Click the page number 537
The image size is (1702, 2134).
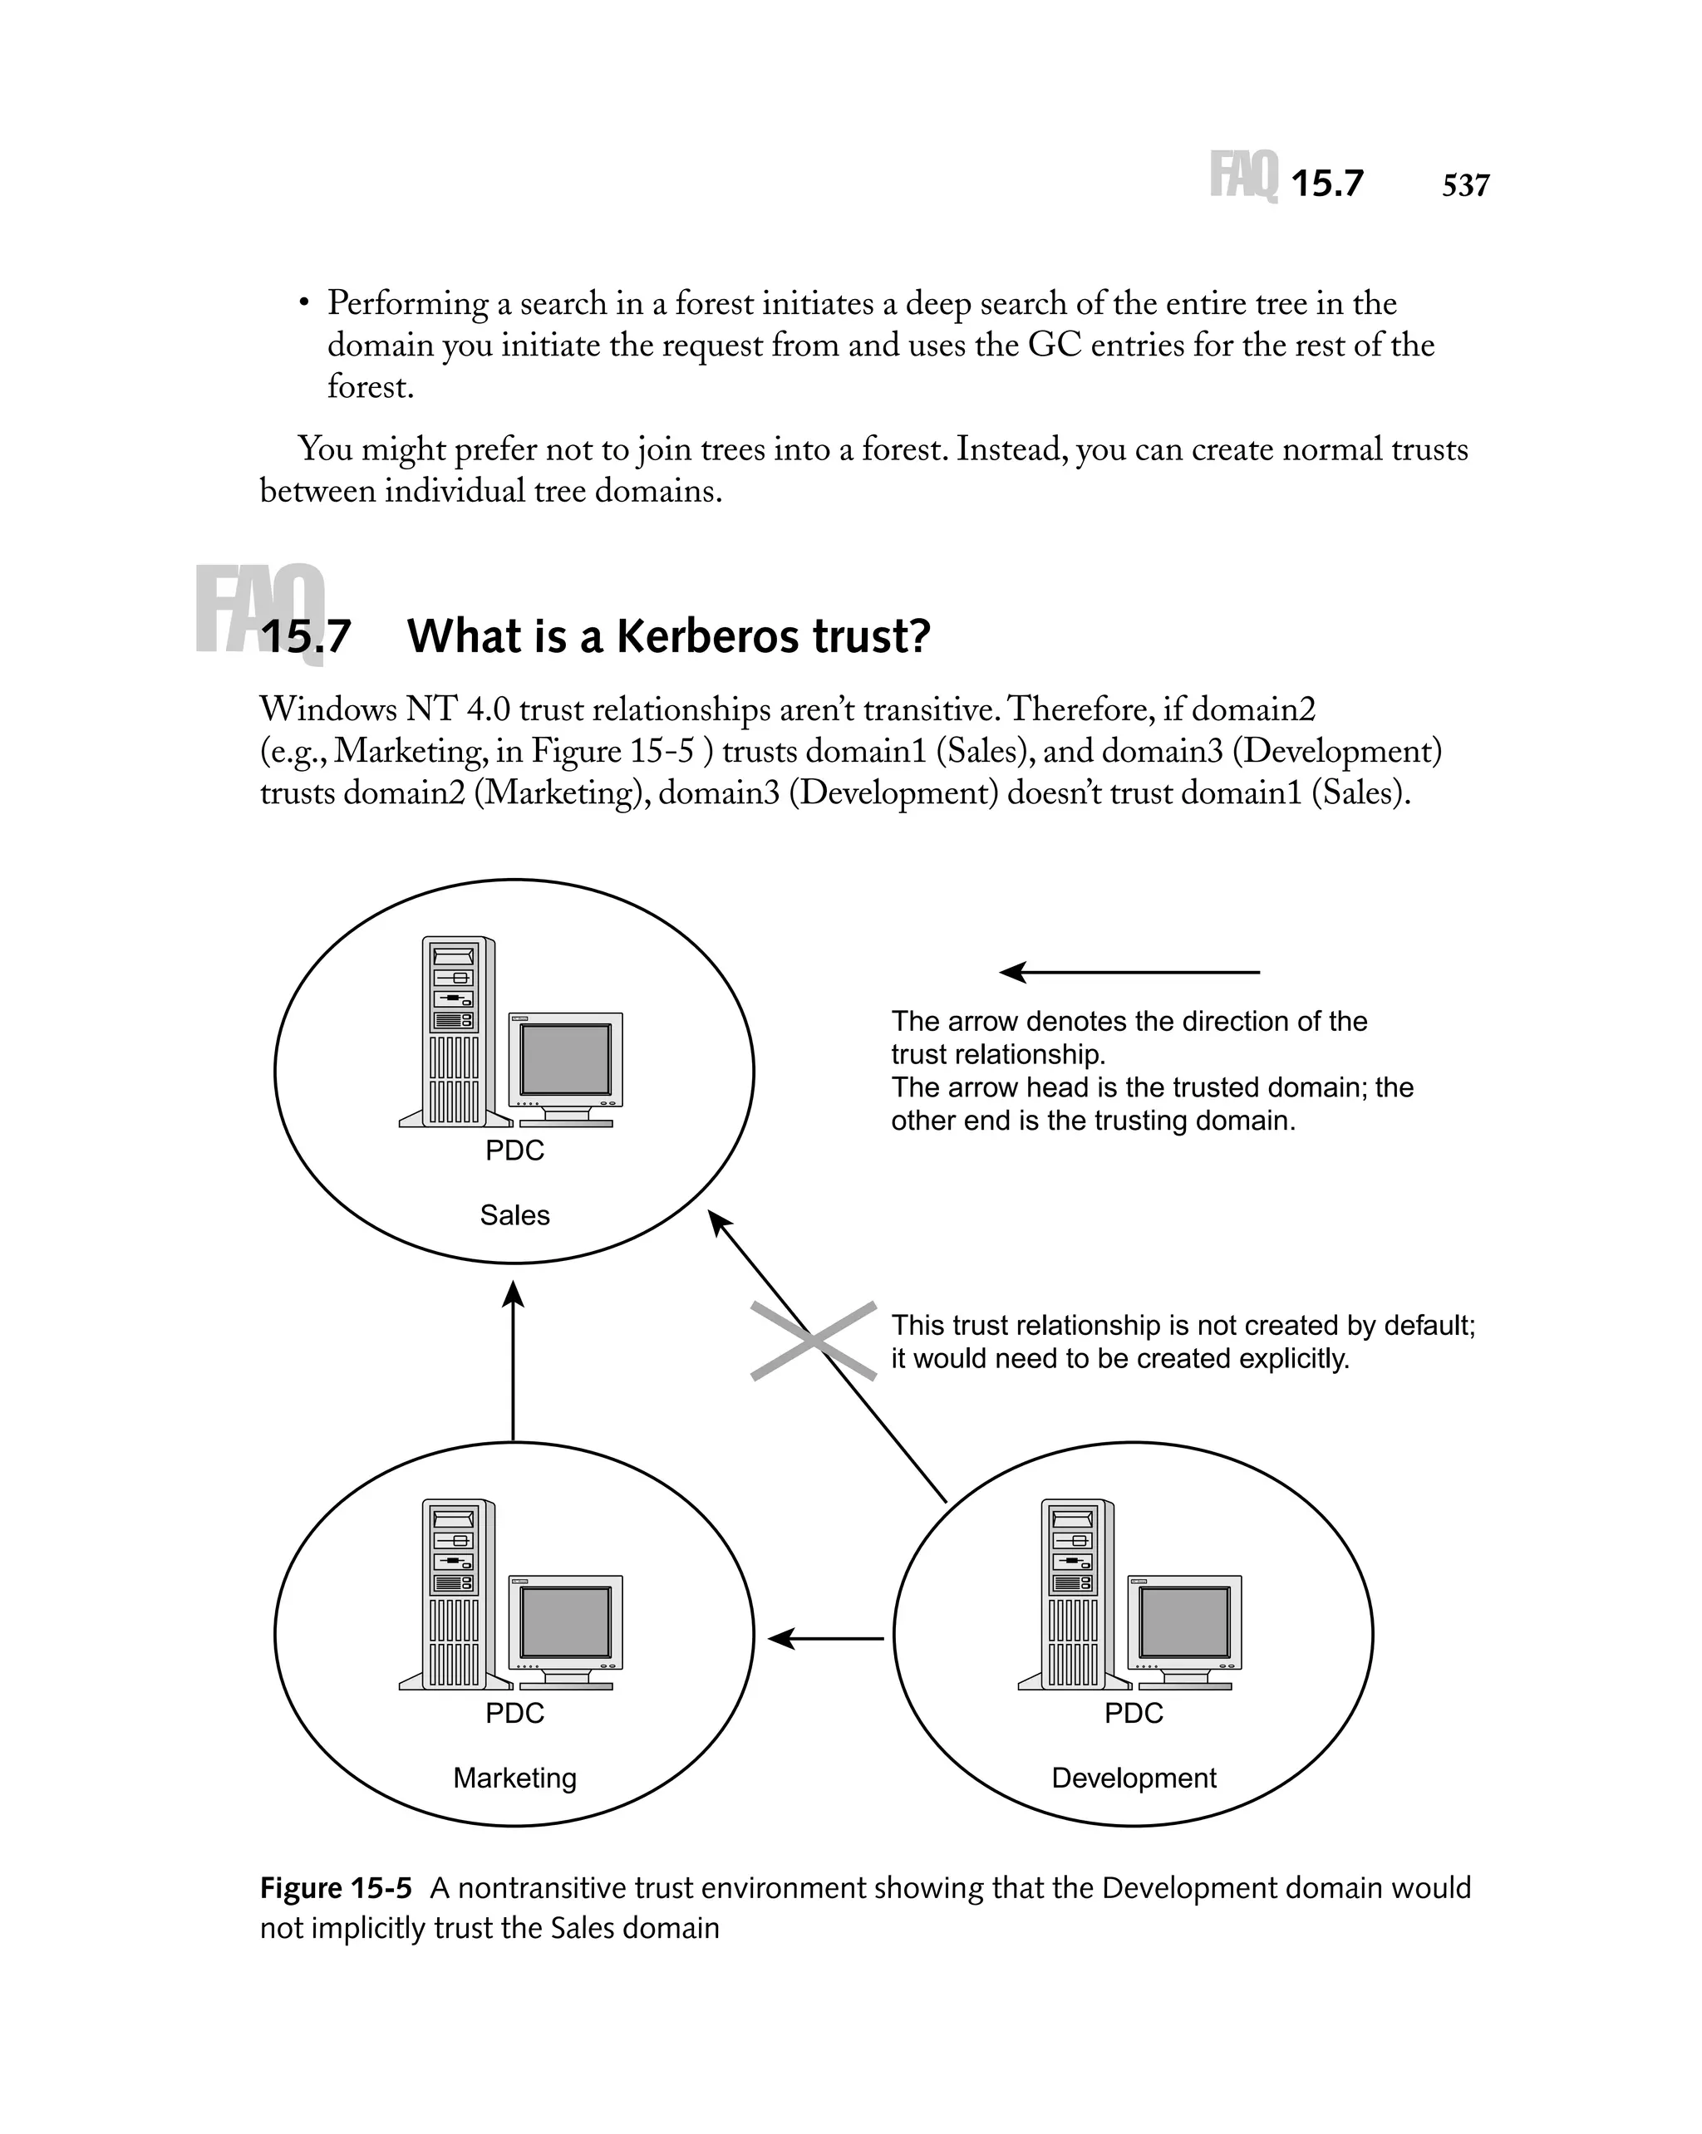click(x=1464, y=185)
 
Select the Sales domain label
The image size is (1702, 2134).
click(x=514, y=1214)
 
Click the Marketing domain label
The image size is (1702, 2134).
click(x=514, y=1778)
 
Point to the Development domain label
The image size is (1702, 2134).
click(x=1133, y=1778)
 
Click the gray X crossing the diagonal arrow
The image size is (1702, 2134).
click(x=813, y=1342)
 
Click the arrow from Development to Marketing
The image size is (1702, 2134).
click(x=826, y=1639)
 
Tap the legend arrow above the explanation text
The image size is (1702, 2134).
click(x=1129, y=972)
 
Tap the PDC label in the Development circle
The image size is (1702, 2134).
click(x=1133, y=1714)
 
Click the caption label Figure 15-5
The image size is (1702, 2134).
click(x=336, y=1888)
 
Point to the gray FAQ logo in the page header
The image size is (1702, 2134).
click(x=1243, y=176)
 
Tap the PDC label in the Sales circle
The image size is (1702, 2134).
click(x=514, y=1150)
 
